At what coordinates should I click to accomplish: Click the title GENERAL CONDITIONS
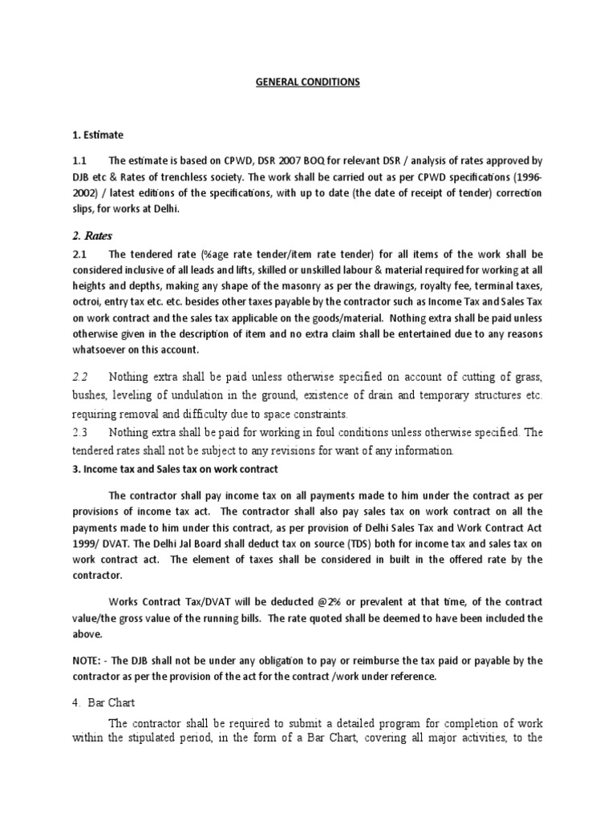[308, 82]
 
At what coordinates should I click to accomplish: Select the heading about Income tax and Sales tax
[174, 468]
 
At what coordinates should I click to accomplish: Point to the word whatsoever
[103, 350]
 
